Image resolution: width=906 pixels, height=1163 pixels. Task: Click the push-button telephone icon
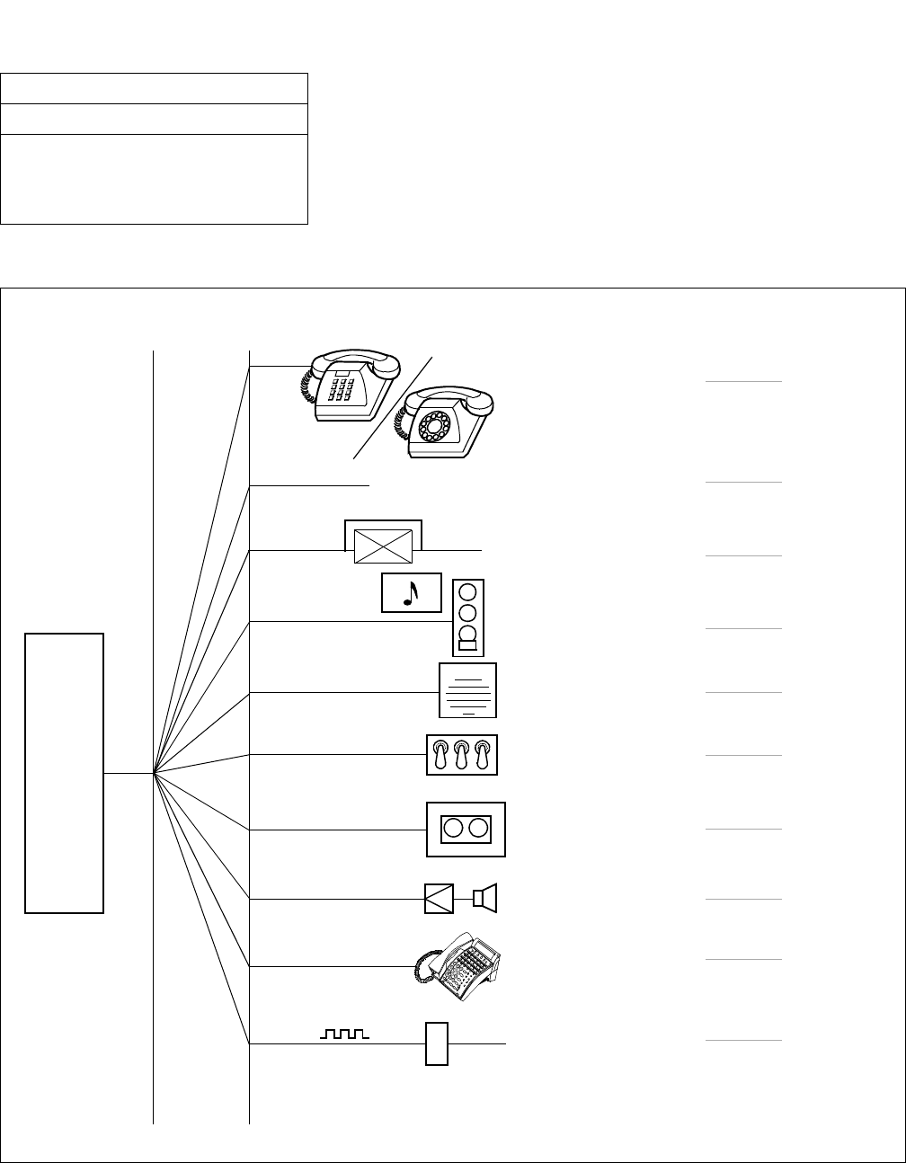pyautogui.click(x=349, y=386)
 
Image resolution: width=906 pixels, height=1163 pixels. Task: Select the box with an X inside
pyautogui.click(x=384, y=546)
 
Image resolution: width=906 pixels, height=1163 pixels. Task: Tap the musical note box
pyautogui.click(x=412, y=592)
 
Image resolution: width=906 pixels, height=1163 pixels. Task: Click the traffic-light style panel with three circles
pyautogui.click(x=468, y=617)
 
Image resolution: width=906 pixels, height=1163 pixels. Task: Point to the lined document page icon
pyautogui.click(x=467, y=691)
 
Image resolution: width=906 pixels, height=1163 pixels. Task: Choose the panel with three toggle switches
pyautogui.click(x=461, y=755)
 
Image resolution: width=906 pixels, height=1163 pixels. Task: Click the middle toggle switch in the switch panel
pyautogui.click(x=461, y=755)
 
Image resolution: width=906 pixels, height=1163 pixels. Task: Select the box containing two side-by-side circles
pyautogui.click(x=466, y=829)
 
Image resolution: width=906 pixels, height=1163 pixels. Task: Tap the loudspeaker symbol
pyautogui.click(x=486, y=898)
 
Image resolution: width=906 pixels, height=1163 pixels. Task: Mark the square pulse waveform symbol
pyautogui.click(x=345, y=1035)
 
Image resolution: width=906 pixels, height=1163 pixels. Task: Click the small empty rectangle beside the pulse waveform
pyautogui.click(x=436, y=1043)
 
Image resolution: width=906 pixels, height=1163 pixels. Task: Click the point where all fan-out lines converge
pyautogui.click(x=155, y=773)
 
